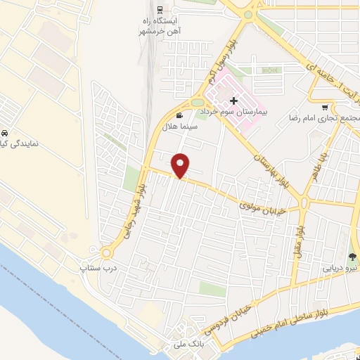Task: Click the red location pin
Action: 181,165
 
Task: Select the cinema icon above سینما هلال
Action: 180,115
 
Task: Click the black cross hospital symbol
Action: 233,101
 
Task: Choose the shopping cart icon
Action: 323,108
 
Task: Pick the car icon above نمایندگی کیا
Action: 5,132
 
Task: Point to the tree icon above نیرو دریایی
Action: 352,257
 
